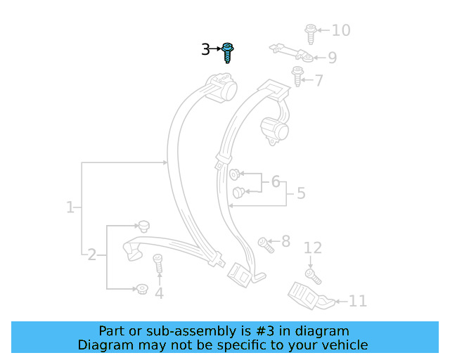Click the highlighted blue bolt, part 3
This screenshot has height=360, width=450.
click(228, 51)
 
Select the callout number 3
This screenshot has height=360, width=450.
click(205, 49)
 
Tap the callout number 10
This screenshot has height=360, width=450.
click(341, 30)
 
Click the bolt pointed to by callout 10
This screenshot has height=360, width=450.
click(310, 32)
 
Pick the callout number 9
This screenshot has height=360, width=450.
click(332, 58)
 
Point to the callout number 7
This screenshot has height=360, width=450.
click(319, 80)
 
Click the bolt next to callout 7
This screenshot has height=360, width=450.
click(297, 75)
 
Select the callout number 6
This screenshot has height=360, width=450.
click(276, 182)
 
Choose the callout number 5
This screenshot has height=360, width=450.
click(301, 193)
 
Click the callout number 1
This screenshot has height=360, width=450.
click(70, 207)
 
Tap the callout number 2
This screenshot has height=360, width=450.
click(92, 255)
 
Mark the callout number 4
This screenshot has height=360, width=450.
click(160, 293)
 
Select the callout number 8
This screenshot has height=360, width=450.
click(285, 242)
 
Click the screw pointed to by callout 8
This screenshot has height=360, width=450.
click(266, 244)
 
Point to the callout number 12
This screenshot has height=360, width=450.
click(313, 247)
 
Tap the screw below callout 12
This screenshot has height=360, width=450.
click(313, 275)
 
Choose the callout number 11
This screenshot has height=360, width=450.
click(358, 301)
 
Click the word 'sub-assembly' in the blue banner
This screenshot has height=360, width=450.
click(194, 331)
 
